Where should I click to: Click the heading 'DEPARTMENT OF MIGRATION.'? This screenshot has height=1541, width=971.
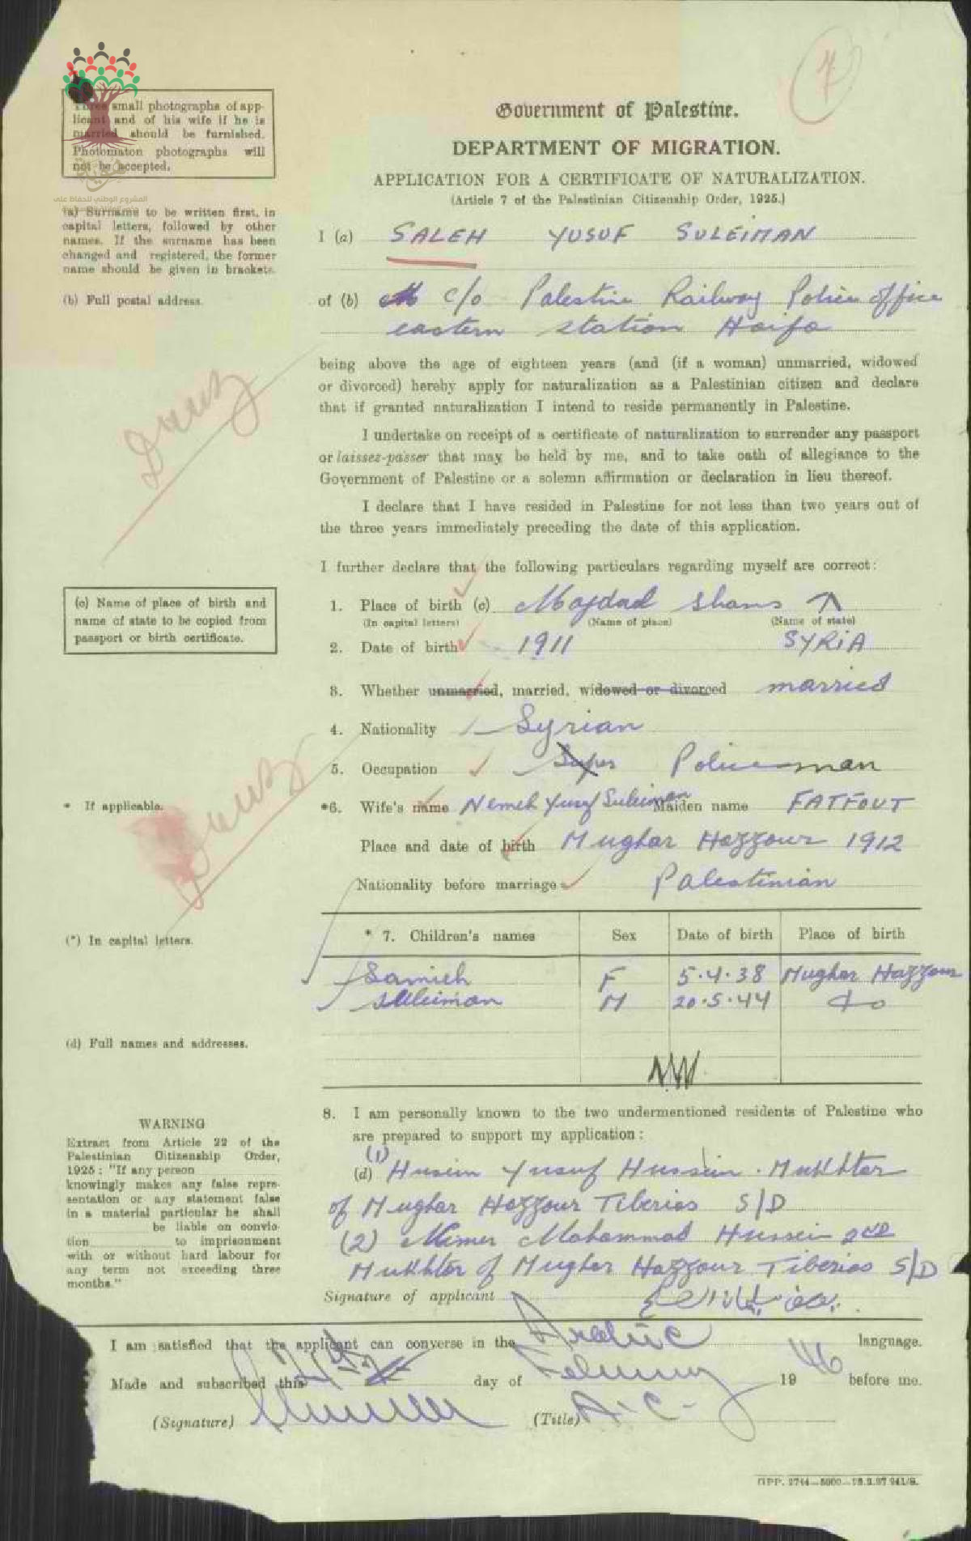616,148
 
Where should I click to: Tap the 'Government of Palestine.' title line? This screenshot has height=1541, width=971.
617,110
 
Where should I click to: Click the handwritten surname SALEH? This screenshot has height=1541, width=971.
437,236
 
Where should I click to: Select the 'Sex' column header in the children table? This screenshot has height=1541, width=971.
624,935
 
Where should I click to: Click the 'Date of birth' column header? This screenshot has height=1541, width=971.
724,934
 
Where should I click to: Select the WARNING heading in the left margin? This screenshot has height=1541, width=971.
172,1124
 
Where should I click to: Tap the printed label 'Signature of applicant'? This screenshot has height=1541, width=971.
409,1296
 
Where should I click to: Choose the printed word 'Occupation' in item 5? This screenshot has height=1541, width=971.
399,768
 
